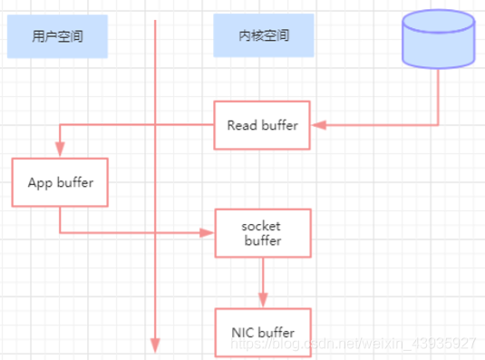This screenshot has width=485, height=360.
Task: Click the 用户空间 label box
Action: click(55, 37)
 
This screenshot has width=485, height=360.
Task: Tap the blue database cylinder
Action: click(438, 43)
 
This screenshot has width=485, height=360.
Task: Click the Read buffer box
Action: click(262, 125)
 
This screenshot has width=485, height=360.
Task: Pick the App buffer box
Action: click(60, 181)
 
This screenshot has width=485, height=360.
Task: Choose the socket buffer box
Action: click(263, 233)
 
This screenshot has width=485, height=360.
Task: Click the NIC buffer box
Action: click(263, 333)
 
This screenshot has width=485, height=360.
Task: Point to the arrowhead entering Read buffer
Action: click(316, 125)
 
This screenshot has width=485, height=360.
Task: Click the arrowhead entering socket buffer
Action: click(209, 233)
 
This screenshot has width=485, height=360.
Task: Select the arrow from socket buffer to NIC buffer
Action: click(263, 281)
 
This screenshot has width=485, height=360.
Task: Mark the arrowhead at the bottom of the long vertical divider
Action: click(156, 345)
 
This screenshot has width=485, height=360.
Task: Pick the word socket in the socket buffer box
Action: click(263, 226)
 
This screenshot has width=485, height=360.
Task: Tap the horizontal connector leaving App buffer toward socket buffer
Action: click(136, 233)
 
